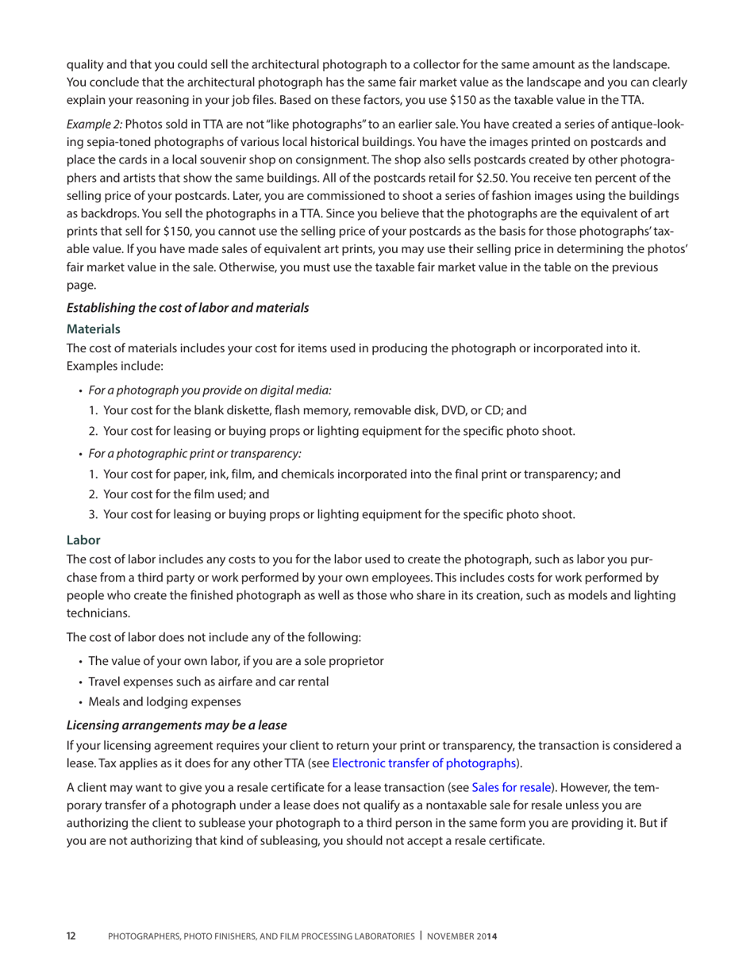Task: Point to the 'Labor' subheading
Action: coord(83,539)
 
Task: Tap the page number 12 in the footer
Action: coord(71,937)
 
